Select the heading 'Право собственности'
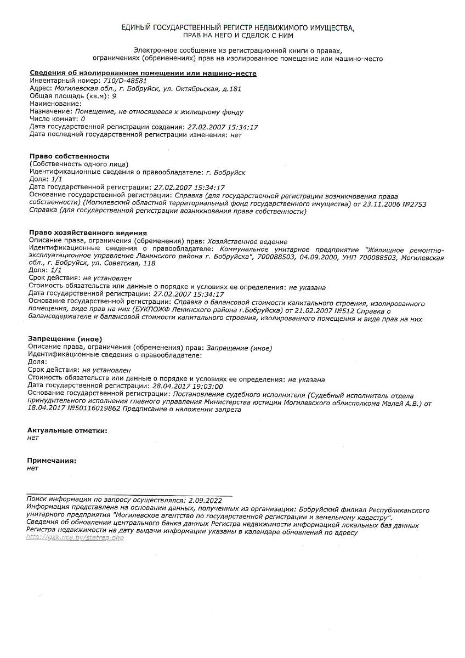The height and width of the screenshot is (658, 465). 69,156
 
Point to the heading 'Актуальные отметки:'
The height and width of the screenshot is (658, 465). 67,430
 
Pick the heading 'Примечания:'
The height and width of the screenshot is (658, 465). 52,461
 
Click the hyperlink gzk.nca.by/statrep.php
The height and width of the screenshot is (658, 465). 75,537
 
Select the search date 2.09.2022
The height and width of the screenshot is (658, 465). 205,500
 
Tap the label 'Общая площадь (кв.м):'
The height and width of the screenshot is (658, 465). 69,96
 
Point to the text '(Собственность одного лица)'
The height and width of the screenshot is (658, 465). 79,164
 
